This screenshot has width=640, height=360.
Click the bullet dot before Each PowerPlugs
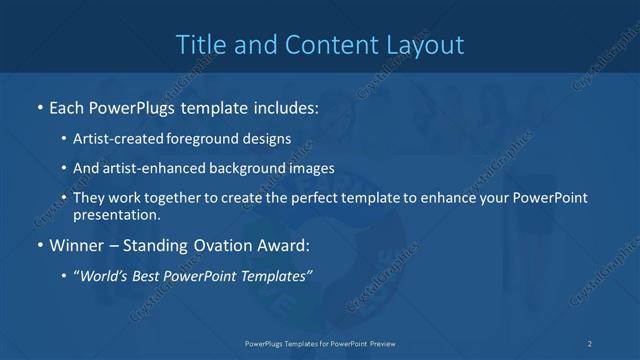pos(39,107)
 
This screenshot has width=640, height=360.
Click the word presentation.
pos(116,214)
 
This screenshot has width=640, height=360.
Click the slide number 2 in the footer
pos(590,343)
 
